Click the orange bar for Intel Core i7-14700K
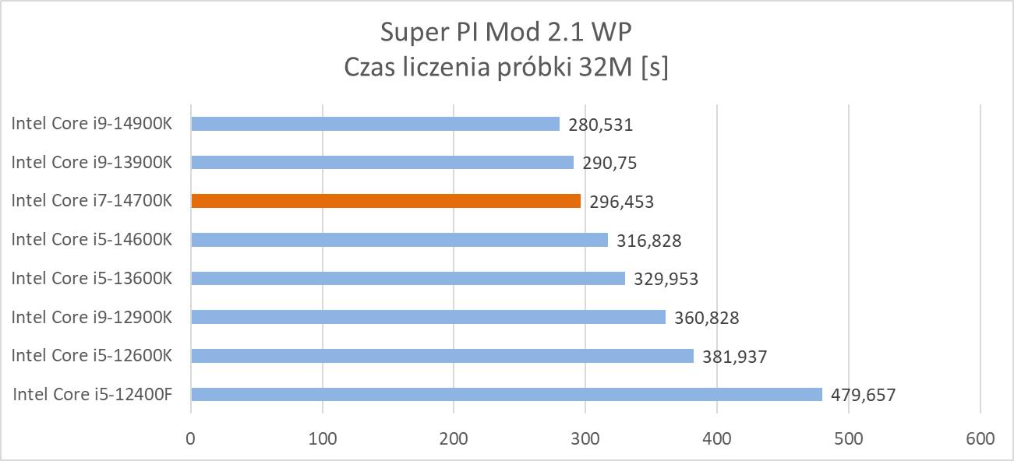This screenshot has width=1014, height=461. coord(386,201)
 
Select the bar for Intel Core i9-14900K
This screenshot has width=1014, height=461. coord(375,124)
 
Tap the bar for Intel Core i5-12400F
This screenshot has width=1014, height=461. coord(507,394)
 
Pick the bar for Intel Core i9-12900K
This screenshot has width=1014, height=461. coord(428,317)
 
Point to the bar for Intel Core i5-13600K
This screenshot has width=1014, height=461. coord(408,278)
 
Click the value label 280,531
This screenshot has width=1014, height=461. coord(601,125)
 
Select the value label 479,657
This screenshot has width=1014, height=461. coord(864,395)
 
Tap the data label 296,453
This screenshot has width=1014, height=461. coord(622,202)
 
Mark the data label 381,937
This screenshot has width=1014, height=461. coord(735,357)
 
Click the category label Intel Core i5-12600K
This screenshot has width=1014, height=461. coord(91,356)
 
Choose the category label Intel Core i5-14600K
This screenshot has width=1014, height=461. coord(91,240)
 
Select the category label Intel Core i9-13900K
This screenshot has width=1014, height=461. coord(91,163)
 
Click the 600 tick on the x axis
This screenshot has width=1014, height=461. coord(980,438)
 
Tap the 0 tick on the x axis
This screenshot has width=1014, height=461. coord(191,438)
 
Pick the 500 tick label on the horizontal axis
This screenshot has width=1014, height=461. coord(848,438)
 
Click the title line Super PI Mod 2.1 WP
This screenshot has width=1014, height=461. coord(507,33)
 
